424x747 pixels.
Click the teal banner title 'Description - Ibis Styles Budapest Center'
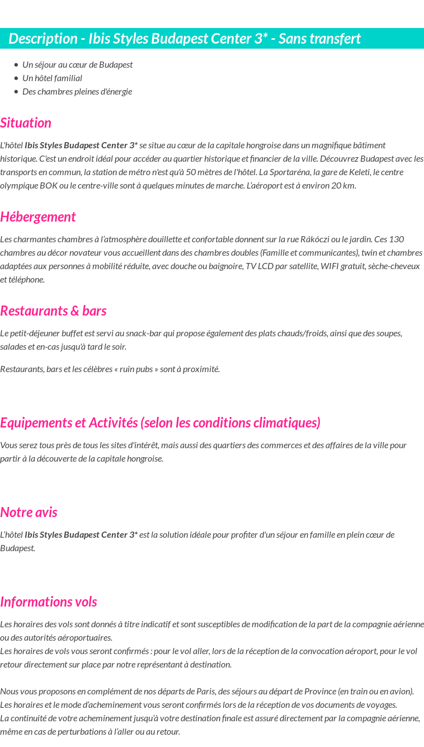point(185,39)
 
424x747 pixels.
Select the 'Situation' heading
point(26,123)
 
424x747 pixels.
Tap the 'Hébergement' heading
point(37,217)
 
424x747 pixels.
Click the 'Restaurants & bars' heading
point(53,311)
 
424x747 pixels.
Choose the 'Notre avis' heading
point(29,512)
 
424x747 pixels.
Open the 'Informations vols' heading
point(49,602)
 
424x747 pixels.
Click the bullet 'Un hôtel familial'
point(52,78)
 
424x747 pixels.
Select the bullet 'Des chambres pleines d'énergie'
point(77,91)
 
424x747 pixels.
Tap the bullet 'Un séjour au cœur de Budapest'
point(77,64)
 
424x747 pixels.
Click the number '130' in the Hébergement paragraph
point(397,239)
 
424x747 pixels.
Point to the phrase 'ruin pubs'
point(136,369)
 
